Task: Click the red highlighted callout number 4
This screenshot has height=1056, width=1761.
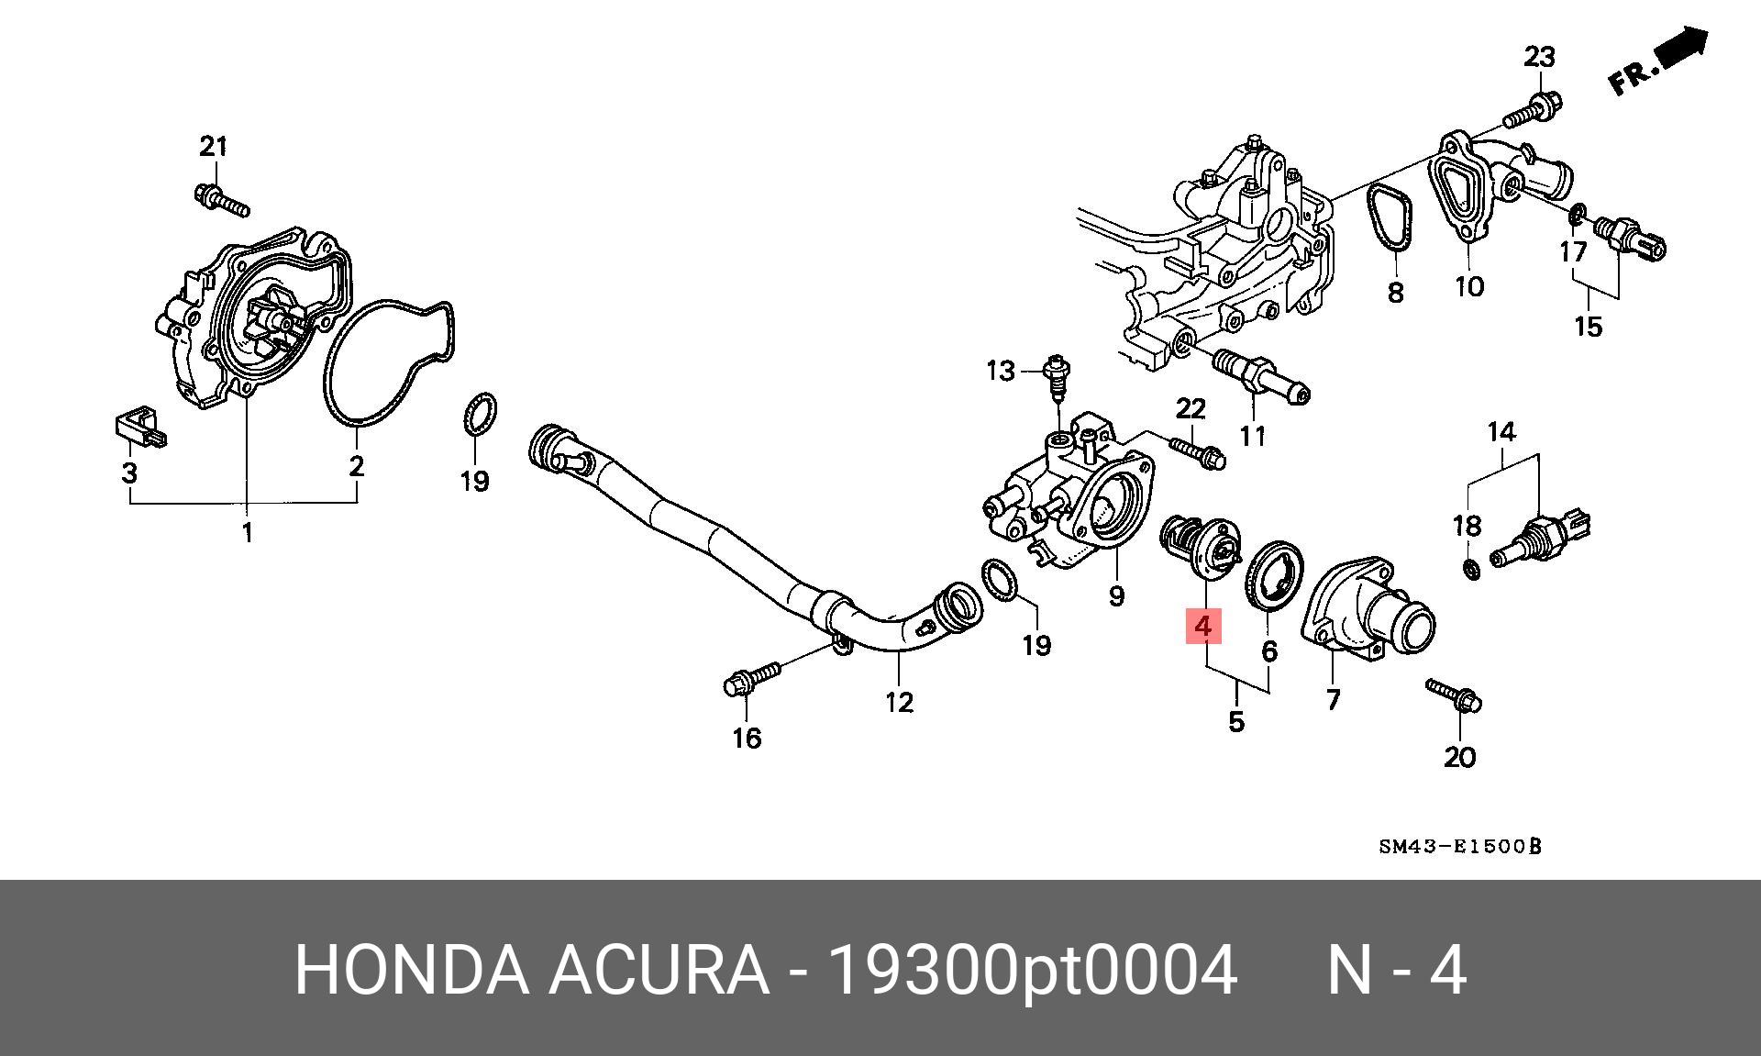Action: (1203, 627)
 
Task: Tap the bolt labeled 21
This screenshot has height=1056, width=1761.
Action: (222, 199)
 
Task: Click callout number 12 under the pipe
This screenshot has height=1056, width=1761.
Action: (900, 702)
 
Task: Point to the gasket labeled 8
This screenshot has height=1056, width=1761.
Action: (1392, 217)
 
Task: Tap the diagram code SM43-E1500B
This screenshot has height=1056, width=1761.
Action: (1460, 845)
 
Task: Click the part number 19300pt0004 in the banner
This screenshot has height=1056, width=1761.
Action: (1033, 970)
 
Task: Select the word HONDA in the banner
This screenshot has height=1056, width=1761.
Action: (412, 970)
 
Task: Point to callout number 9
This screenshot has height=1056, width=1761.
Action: (1116, 596)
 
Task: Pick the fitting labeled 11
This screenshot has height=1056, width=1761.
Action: (1261, 377)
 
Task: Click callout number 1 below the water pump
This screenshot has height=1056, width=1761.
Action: (247, 531)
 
